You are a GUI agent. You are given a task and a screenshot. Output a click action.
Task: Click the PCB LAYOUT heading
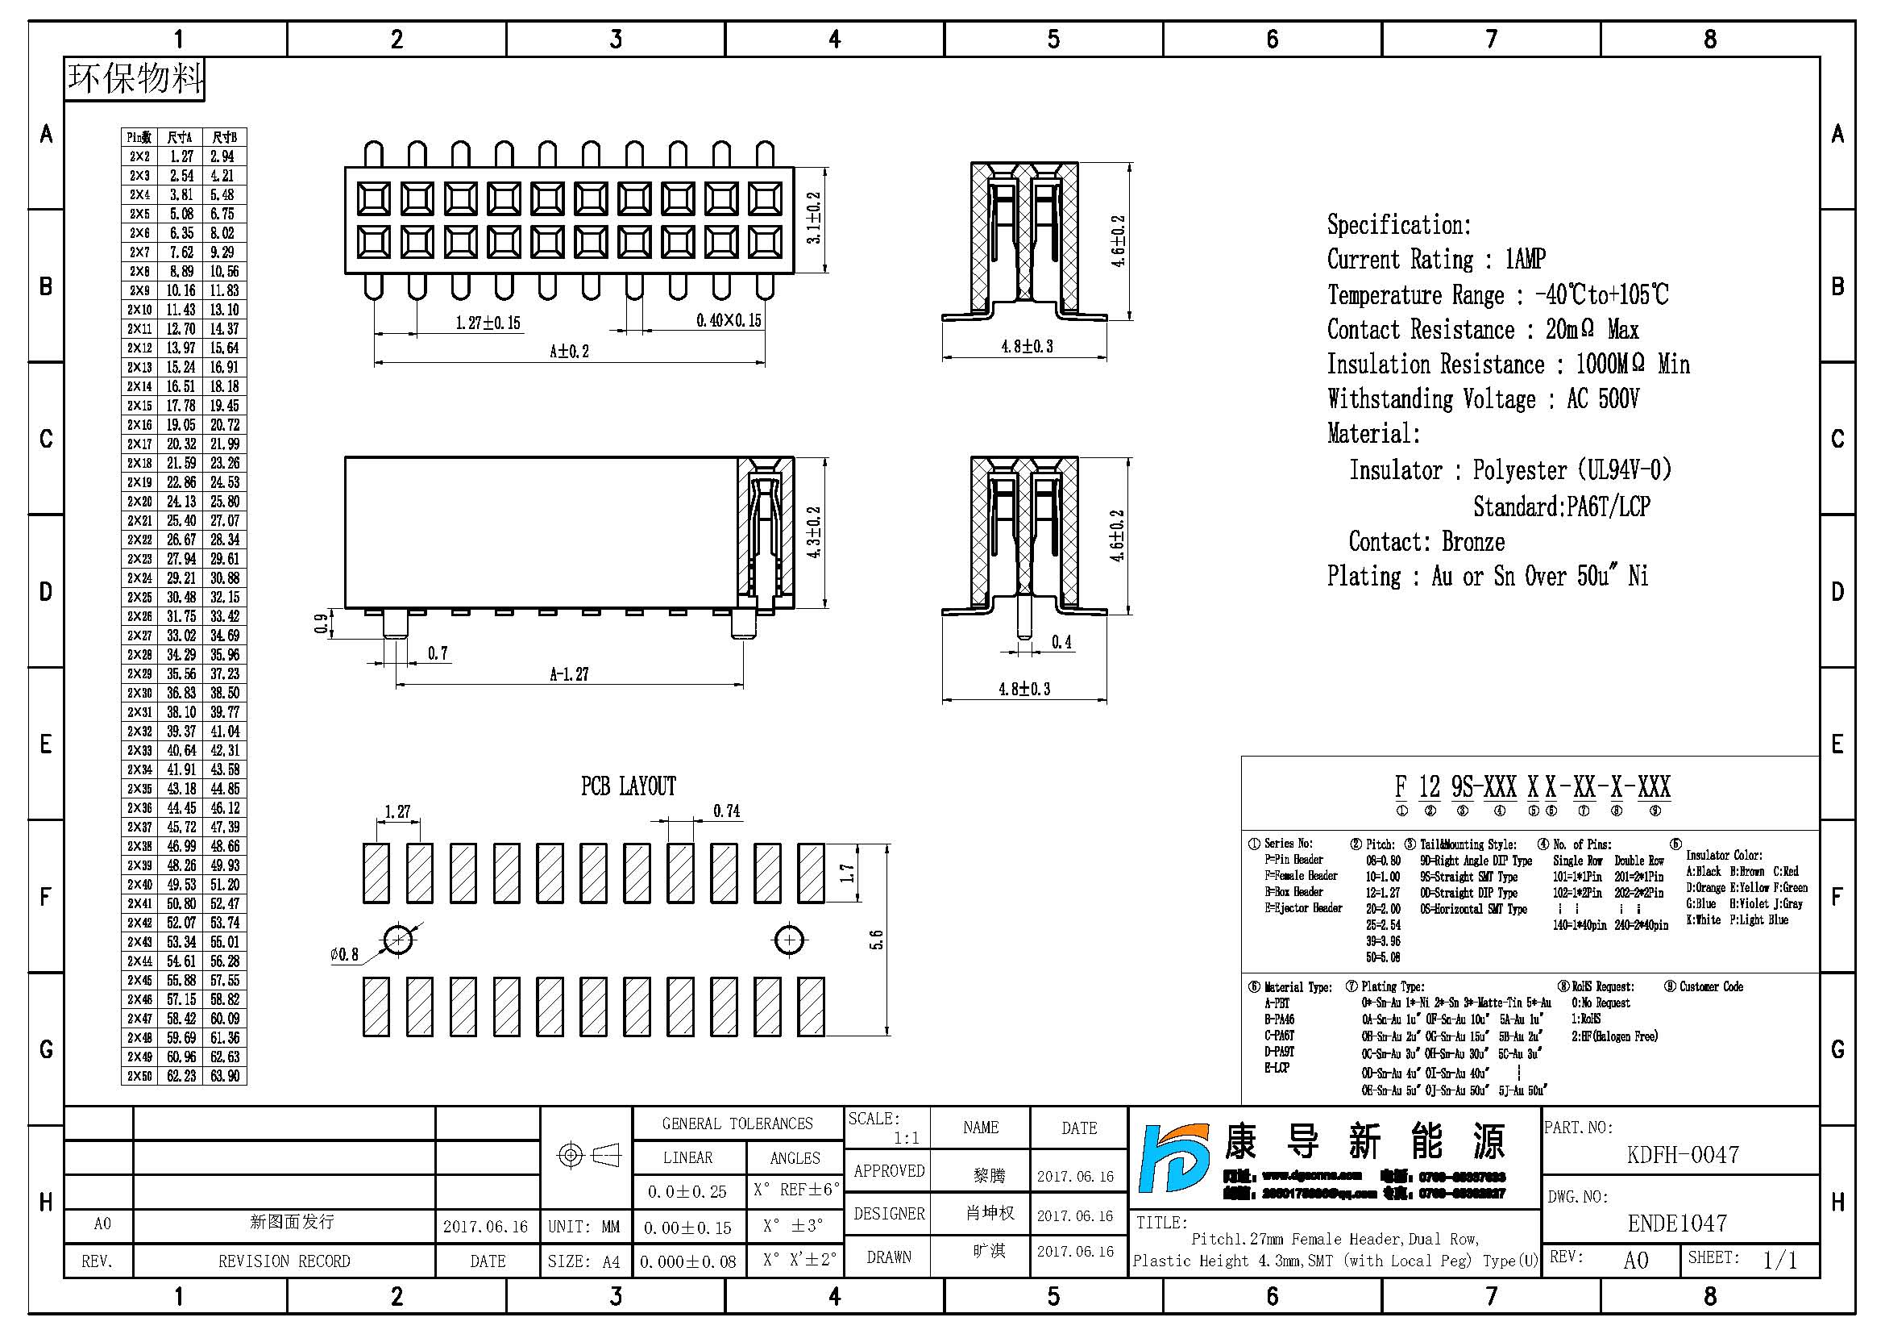click(x=628, y=786)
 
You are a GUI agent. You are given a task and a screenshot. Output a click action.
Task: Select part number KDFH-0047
click(x=1682, y=1155)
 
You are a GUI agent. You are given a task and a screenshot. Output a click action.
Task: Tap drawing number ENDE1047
click(x=1676, y=1224)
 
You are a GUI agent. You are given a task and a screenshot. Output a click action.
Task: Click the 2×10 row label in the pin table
click(x=139, y=310)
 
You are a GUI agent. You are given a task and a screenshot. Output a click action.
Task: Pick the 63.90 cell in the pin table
click(x=224, y=1076)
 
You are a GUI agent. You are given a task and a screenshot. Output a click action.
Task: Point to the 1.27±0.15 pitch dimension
click(x=488, y=323)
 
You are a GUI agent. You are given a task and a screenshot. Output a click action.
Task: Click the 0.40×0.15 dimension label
click(x=729, y=320)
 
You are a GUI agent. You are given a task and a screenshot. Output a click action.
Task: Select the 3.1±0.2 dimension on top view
click(x=814, y=218)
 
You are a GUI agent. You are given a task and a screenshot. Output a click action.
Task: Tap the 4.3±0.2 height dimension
click(x=814, y=532)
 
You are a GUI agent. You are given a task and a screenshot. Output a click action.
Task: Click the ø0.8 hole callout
click(x=344, y=954)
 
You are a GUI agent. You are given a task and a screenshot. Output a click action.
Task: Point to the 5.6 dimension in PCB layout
click(x=876, y=940)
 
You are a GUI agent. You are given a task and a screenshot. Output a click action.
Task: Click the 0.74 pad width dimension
click(x=726, y=811)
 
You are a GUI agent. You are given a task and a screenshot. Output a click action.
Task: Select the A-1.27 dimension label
click(x=569, y=674)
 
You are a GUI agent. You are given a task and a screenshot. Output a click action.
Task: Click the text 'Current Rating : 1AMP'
click(x=1436, y=260)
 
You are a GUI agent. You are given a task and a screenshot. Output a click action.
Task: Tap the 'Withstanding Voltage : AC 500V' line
click(x=1482, y=399)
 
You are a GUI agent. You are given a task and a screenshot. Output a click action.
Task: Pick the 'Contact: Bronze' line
click(x=1426, y=542)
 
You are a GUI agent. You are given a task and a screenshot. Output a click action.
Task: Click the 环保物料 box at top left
click(x=135, y=79)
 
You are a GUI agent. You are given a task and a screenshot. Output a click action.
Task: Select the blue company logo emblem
click(x=1173, y=1158)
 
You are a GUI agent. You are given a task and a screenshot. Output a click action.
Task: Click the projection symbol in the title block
click(x=588, y=1155)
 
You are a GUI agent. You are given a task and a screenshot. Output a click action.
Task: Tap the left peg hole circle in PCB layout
click(x=398, y=940)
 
